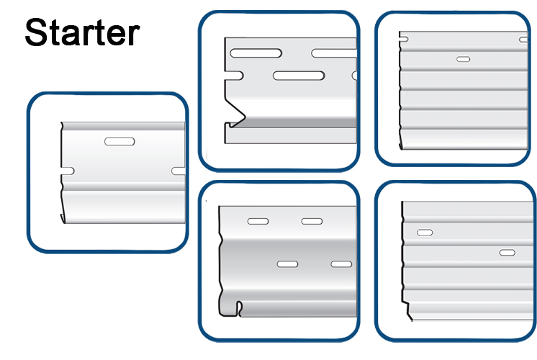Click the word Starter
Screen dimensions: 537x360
point(82,32)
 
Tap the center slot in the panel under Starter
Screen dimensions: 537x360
point(119,141)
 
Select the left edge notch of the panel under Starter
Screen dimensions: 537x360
point(68,171)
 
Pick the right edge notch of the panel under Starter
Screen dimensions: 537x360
point(178,171)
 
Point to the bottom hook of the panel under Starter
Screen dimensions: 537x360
point(63,218)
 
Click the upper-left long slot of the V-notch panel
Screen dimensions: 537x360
point(256,53)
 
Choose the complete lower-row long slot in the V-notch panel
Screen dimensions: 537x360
point(299,76)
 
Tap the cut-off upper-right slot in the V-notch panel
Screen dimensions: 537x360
point(334,53)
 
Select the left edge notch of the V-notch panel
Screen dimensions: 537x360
point(234,76)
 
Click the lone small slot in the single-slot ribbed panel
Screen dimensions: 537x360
point(464,59)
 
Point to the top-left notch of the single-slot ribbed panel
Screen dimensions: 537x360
point(404,40)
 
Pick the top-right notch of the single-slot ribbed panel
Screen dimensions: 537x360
point(523,40)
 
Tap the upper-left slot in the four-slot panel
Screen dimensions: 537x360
point(258,221)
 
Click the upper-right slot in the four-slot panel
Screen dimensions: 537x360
point(312,221)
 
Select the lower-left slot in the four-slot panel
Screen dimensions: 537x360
point(287,264)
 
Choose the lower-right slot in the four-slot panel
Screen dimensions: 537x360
point(341,264)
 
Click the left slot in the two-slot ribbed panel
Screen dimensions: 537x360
point(425,233)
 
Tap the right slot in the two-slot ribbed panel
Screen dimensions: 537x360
point(507,253)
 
